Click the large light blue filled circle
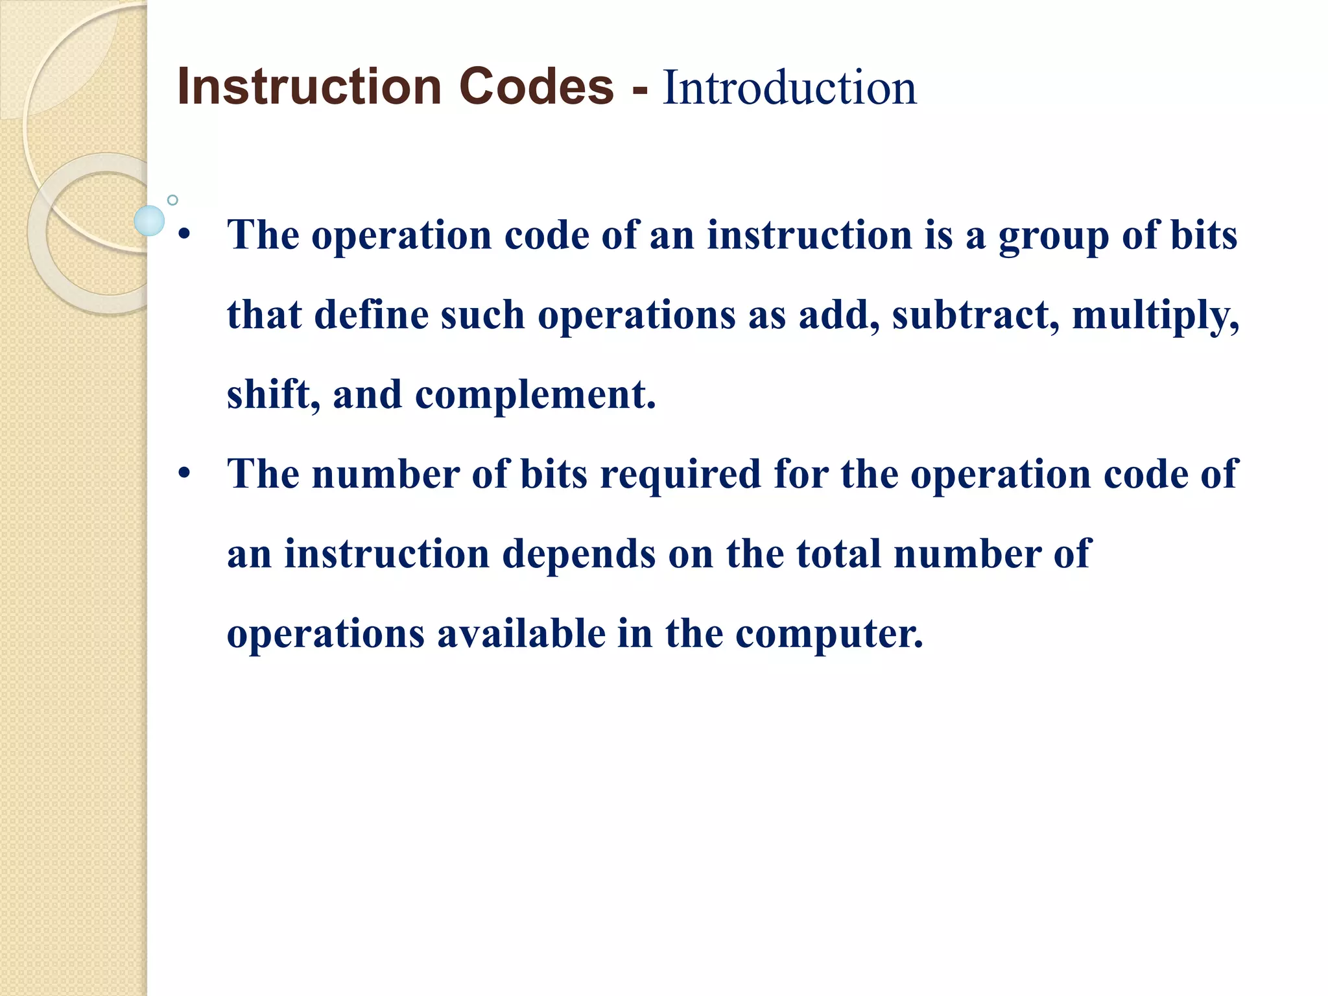[x=149, y=220]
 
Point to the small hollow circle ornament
[x=172, y=200]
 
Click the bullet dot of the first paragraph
[x=184, y=235]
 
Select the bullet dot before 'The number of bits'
[x=184, y=474]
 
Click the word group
[x=1054, y=236]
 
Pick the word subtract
[x=976, y=315]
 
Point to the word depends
[x=579, y=555]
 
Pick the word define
[x=372, y=315]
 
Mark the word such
[x=483, y=315]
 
